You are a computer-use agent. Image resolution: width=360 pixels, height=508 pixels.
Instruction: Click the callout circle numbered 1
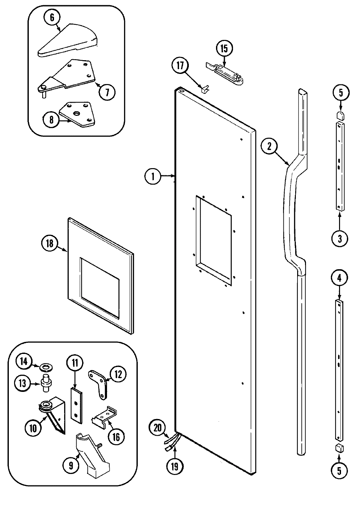153,176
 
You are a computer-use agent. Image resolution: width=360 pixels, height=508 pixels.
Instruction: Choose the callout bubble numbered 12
118,375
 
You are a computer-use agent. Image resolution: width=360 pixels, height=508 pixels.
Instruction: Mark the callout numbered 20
158,428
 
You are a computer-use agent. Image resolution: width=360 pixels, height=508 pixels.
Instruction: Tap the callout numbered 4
339,278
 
